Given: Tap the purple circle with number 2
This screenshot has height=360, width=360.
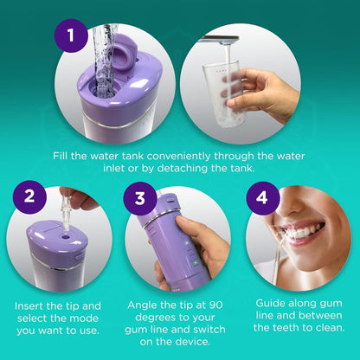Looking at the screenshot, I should [29, 197].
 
